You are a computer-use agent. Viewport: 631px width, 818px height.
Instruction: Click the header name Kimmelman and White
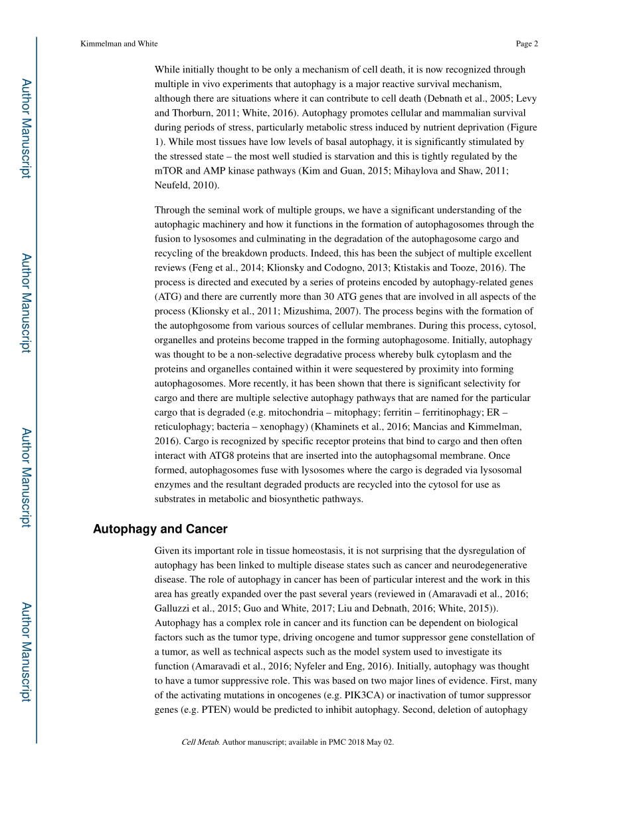[x=119, y=44]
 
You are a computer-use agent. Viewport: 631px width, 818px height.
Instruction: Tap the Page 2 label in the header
[x=526, y=44]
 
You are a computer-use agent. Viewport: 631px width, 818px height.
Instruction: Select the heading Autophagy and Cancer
[x=160, y=529]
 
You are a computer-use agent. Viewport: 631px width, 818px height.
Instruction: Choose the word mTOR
[x=169, y=171]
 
